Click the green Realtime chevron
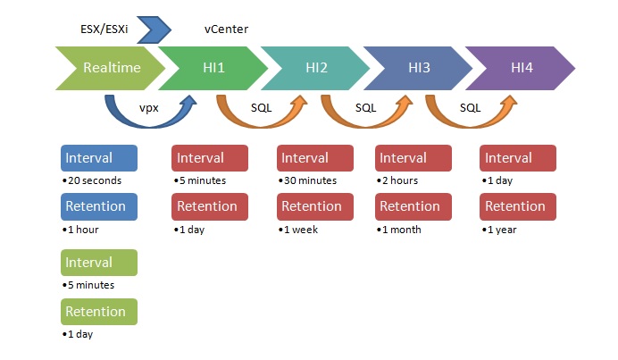[x=112, y=68]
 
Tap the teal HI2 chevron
[x=316, y=68]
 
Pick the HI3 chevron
[x=419, y=68]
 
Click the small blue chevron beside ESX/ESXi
[x=154, y=29]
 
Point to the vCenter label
[x=226, y=29]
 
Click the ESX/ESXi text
[x=104, y=29]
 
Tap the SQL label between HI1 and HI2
[x=262, y=108]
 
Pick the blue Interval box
[x=99, y=158]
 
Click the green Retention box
[x=99, y=312]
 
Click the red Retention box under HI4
[x=518, y=206]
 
